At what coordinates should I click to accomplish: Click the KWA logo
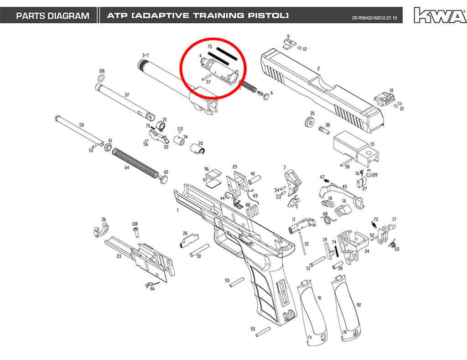coord(440,15)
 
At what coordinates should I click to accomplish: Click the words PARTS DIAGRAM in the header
coord(53,16)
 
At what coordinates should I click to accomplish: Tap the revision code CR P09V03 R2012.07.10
coord(374,18)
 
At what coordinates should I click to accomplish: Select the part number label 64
coord(127,168)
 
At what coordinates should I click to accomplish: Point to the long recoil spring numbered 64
coord(135,164)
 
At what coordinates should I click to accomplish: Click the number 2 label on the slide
coord(318,68)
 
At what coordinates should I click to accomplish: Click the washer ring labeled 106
coord(101,78)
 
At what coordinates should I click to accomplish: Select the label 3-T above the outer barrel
coord(145,55)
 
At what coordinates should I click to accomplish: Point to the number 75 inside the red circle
coord(210,47)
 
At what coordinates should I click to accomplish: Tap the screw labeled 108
coord(136,232)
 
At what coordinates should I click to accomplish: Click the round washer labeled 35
coord(310,122)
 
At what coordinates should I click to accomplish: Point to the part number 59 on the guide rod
coord(82,125)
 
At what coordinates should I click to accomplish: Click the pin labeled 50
coord(199,250)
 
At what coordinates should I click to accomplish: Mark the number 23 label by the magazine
coord(119,256)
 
